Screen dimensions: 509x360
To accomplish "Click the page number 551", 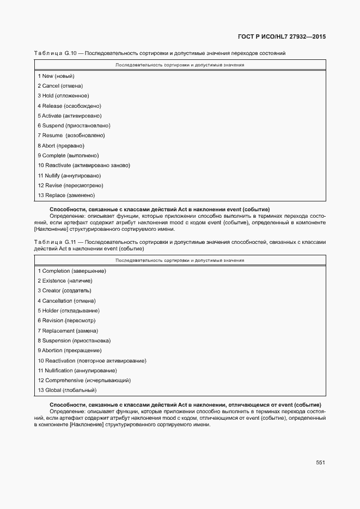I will [320, 463].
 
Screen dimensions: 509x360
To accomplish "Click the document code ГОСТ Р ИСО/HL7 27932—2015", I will [282, 38].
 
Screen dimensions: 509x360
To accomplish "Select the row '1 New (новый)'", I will [56, 76].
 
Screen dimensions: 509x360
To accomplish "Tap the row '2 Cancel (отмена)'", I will [60, 86].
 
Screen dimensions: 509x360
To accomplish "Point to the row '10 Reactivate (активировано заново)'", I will [84, 165].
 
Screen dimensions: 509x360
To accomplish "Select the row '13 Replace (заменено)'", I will [66, 195].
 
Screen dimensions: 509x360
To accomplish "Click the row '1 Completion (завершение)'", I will [71, 271].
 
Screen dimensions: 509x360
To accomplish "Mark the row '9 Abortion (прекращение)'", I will [69, 351].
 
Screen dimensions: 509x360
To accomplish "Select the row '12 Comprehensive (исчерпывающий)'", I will [84, 381].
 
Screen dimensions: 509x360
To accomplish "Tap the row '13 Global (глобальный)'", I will [66, 390].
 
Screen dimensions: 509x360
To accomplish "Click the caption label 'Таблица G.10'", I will [57, 53].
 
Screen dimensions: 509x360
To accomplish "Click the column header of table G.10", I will [180, 65].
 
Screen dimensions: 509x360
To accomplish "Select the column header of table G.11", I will [180, 260].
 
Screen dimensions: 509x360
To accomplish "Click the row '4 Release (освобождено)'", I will [69, 106].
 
